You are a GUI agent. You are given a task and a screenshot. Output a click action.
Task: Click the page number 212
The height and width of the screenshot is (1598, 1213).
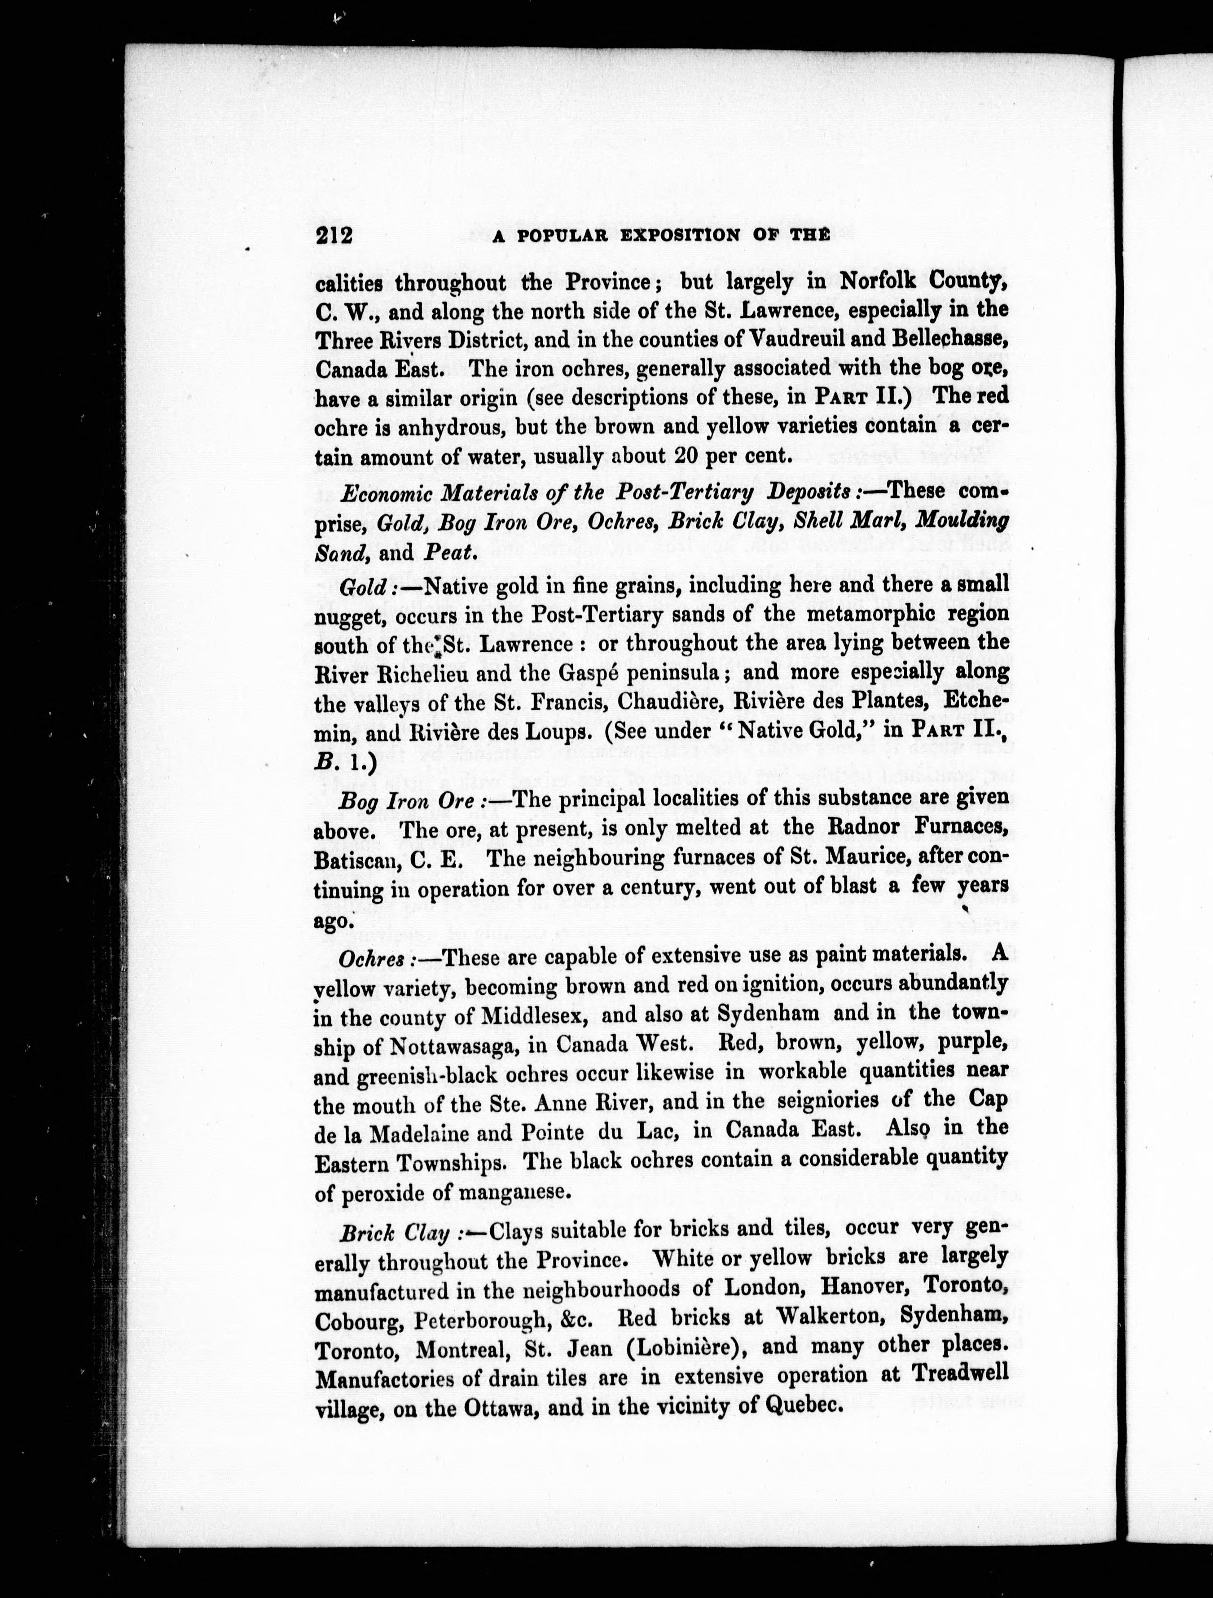click(x=333, y=236)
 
